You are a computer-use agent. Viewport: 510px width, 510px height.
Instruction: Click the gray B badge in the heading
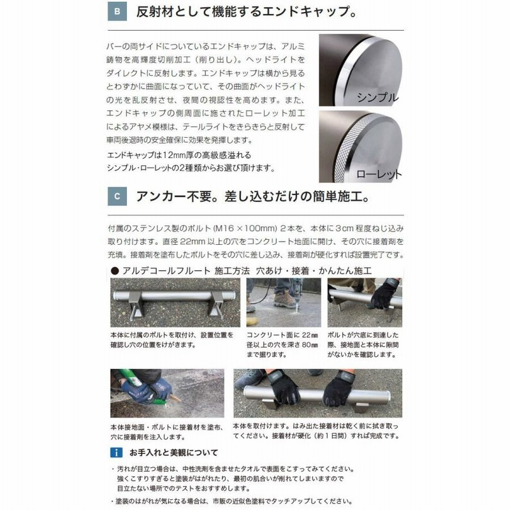point(116,13)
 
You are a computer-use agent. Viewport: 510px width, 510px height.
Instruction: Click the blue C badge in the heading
point(116,196)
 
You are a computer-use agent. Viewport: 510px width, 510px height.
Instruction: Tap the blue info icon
point(116,453)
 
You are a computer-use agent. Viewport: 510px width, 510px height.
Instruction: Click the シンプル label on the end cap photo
point(378,98)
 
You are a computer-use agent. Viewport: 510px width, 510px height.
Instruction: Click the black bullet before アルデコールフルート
point(115,271)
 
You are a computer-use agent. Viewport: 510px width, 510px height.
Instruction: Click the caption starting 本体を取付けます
point(316,431)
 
